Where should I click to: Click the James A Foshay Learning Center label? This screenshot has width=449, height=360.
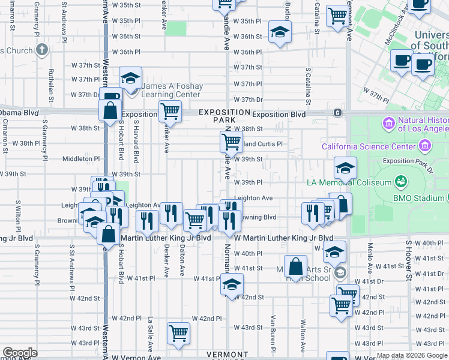click(x=171, y=90)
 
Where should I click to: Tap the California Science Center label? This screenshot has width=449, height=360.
click(x=369, y=146)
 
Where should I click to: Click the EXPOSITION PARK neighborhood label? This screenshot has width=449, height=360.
click(x=224, y=116)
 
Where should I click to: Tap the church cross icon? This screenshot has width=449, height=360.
click(x=41, y=49)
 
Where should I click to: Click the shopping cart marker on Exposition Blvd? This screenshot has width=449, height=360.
click(x=170, y=110)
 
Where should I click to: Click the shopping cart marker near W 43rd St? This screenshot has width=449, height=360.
click(x=179, y=332)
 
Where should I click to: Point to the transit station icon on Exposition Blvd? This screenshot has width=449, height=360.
click(x=339, y=113)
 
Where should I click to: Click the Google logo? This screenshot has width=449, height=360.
click(x=20, y=353)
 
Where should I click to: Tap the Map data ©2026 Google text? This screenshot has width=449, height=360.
click(x=411, y=355)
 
